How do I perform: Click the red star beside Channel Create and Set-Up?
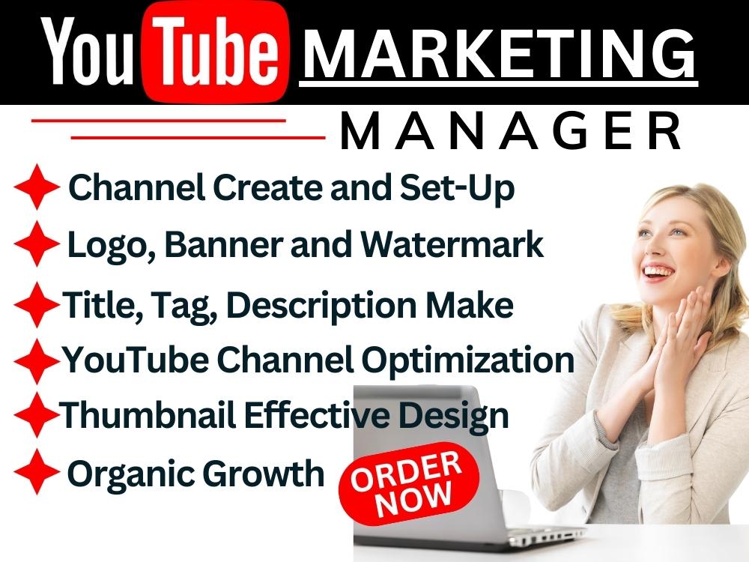(x=35, y=190)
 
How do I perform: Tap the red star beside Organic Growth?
(x=35, y=474)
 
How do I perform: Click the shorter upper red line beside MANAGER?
(x=159, y=120)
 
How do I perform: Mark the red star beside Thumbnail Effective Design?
(x=35, y=417)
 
